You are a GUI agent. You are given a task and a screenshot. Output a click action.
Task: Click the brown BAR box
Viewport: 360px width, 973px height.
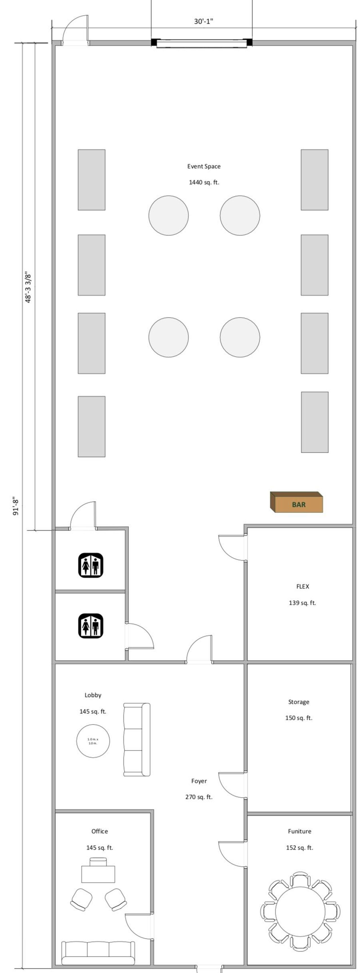[x=296, y=502]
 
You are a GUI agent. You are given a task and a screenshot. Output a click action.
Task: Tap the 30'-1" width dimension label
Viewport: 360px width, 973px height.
[x=204, y=22]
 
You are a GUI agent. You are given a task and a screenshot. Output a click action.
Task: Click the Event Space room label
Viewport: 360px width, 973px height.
[x=204, y=166]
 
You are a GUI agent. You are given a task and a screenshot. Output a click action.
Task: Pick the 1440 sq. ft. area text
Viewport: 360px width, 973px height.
[x=204, y=182]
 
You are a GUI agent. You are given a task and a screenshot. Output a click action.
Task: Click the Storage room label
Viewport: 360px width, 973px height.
[x=299, y=702]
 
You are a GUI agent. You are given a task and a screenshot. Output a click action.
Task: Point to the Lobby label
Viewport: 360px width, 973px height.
[x=93, y=695]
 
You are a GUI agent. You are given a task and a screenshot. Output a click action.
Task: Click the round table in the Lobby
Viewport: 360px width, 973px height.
[x=93, y=741]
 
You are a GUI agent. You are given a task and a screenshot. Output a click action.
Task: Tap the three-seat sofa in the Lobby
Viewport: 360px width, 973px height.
[x=137, y=740]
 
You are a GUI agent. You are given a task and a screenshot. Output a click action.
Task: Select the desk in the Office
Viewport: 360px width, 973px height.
[x=98, y=874]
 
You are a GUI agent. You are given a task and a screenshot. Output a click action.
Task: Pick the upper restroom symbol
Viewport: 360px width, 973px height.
[x=91, y=565]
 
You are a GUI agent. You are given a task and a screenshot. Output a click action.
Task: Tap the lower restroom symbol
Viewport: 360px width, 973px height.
[x=91, y=626]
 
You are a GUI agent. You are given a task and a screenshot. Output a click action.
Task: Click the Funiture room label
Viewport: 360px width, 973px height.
[x=300, y=831]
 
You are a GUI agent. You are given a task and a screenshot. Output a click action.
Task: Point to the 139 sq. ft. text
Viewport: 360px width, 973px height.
[x=302, y=603]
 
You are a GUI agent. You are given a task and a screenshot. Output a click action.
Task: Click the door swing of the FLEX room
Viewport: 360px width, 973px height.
[x=228, y=552]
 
